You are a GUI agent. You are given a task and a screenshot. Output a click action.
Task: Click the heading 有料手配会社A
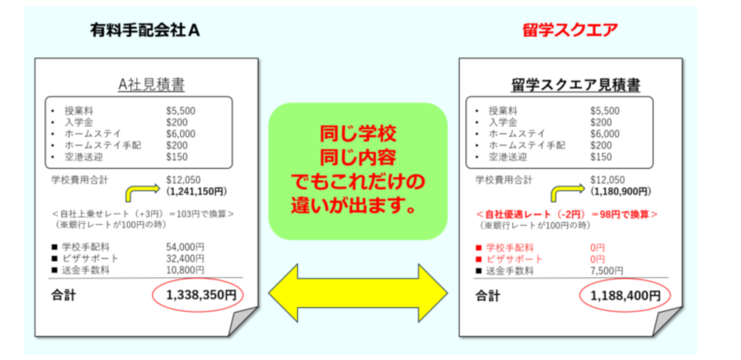(x=145, y=30)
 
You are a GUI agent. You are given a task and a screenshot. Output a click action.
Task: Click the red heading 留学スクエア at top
(x=570, y=30)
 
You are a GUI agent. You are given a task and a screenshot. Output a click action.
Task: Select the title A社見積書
(x=151, y=85)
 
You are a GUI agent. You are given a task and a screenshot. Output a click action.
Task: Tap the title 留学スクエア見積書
(x=575, y=85)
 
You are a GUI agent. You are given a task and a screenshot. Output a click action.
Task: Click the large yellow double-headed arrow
(x=358, y=293)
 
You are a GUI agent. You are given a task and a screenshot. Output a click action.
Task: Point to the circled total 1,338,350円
(x=201, y=295)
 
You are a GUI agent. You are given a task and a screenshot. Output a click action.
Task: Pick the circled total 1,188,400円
(x=625, y=295)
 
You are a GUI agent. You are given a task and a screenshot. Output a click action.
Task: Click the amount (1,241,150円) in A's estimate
(x=196, y=191)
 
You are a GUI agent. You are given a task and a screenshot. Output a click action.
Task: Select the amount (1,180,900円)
(x=620, y=191)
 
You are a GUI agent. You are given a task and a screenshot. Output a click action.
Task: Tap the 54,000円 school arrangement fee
(x=185, y=247)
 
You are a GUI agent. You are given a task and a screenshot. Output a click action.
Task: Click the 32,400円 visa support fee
(x=185, y=259)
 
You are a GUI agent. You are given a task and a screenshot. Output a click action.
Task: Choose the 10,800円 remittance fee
(x=185, y=270)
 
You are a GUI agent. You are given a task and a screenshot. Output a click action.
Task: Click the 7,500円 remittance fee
(x=606, y=271)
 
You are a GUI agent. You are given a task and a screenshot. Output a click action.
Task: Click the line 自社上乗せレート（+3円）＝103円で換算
(x=143, y=214)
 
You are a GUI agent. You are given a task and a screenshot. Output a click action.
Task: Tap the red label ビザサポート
(x=514, y=259)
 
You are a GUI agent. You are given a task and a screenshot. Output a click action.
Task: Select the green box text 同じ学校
(x=358, y=134)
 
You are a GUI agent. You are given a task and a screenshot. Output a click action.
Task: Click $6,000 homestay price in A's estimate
(x=181, y=134)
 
